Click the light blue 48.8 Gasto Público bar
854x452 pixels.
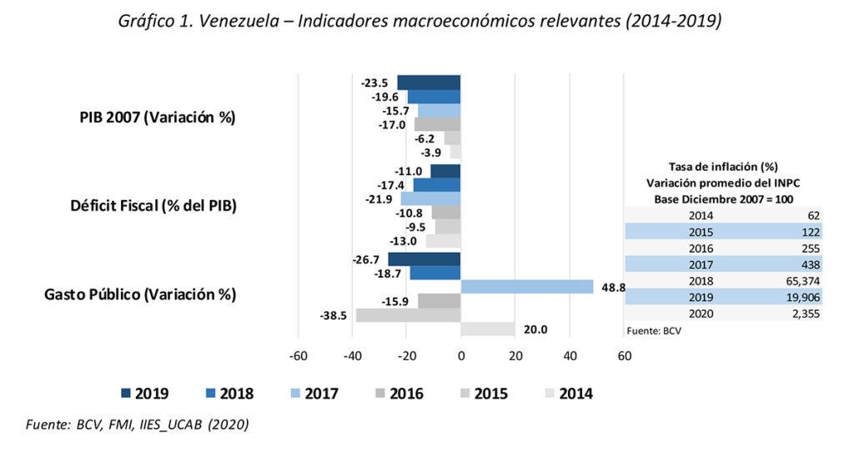pyautogui.click(x=527, y=286)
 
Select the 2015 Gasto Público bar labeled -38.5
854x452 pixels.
pyautogui.click(x=409, y=315)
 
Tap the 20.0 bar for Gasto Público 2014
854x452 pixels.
pyautogui.click(x=488, y=329)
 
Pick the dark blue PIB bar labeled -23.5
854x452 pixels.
pyautogui.click(x=429, y=82)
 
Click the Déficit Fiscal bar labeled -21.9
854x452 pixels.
pyautogui.click(x=430, y=198)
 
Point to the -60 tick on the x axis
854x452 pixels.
pyautogui.click(x=298, y=355)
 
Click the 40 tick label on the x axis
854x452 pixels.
pyautogui.click(x=570, y=355)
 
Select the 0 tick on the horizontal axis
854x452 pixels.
pyautogui.click(x=461, y=355)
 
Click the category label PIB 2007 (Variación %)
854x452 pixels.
pyautogui.click(x=152, y=118)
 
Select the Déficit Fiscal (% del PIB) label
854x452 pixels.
pyautogui.click(x=153, y=206)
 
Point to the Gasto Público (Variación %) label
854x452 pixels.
pyautogui.click(x=152, y=294)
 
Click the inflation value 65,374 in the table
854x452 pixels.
pyautogui.click(x=799, y=281)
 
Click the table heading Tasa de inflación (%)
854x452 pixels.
pyautogui.click(x=723, y=167)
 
